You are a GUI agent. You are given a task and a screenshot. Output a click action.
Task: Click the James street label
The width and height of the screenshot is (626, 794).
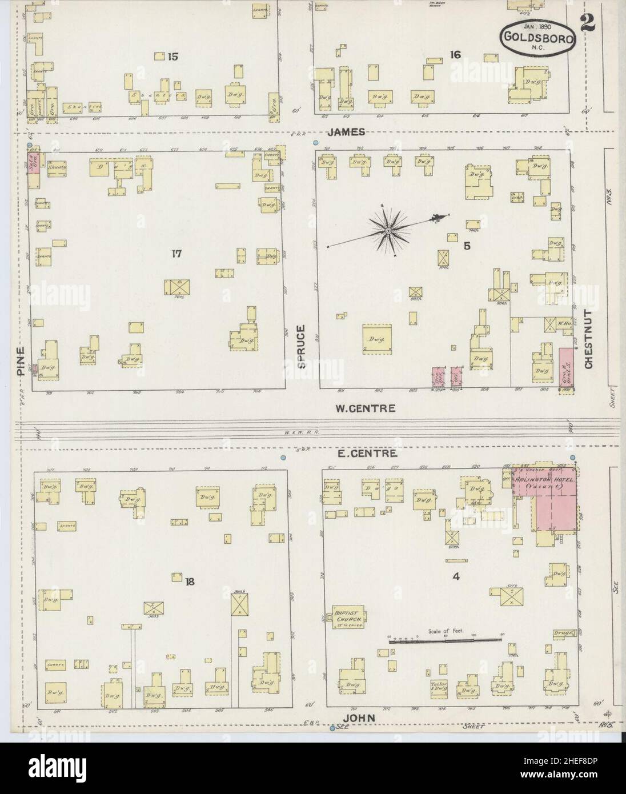click(346, 132)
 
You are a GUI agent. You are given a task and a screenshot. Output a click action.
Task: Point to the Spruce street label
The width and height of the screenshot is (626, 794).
click(302, 347)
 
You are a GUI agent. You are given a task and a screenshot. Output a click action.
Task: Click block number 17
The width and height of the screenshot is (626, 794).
click(176, 254)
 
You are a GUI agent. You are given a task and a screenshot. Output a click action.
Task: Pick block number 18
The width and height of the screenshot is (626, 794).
click(190, 582)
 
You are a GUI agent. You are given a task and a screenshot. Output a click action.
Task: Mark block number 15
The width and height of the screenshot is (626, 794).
click(173, 56)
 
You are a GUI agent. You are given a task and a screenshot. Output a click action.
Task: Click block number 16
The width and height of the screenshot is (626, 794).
click(455, 55)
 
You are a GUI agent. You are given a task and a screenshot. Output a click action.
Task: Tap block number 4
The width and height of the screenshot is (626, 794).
click(456, 577)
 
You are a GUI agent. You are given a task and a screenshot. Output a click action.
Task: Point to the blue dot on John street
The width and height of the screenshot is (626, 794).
click(332, 728)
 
